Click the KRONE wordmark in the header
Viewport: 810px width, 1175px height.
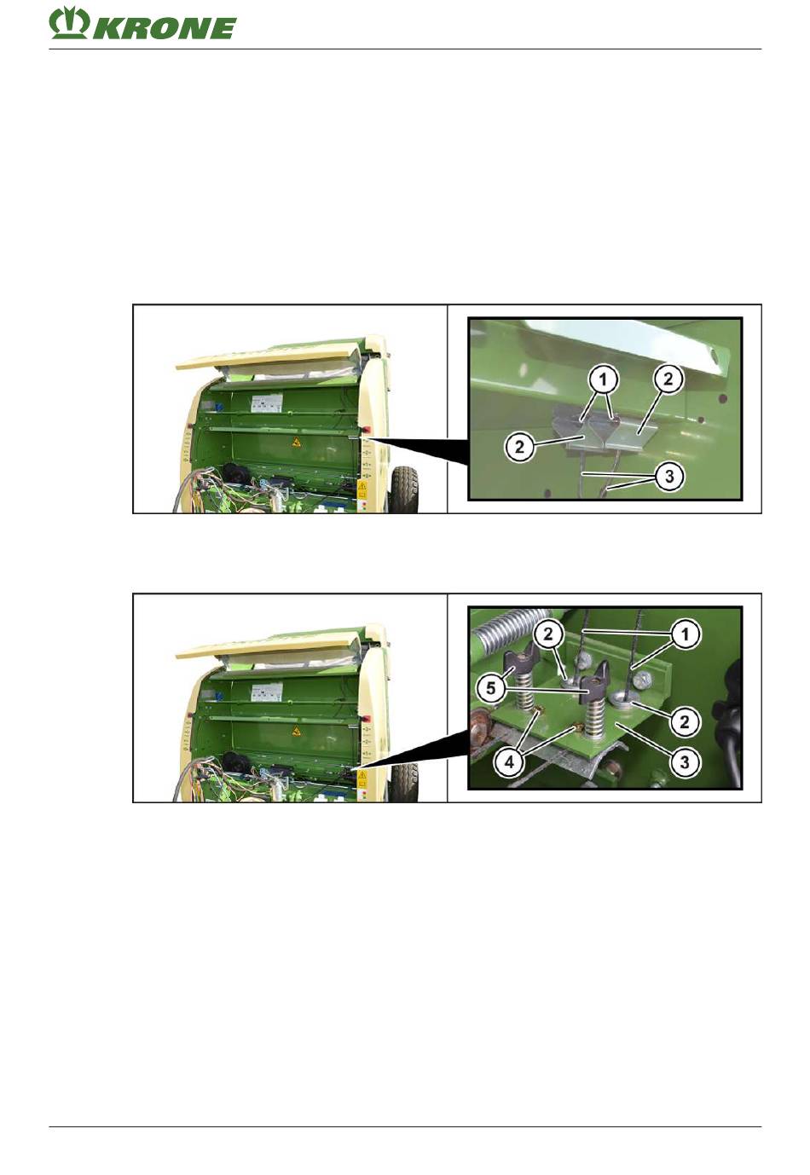click(x=165, y=28)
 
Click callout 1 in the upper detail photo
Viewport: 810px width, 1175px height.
click(x=603, y=379)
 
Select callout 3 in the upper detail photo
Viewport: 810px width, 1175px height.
click(x=668, y=477)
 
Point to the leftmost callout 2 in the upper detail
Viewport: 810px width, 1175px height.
click(x=519, y=448)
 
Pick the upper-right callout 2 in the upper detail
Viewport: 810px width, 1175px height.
click(x=668, y=379)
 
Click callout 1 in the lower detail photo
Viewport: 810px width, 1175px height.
click(x=685, y=634)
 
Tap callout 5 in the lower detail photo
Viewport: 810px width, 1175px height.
click(x=490, y=688)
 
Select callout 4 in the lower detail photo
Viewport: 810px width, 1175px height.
click(x=509, y=762)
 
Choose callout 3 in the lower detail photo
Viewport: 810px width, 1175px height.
click(x=685, y=762)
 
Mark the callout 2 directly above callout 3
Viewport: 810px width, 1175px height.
click(x=685, y=722)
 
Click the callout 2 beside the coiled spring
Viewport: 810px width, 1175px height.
click(x=547, y=634)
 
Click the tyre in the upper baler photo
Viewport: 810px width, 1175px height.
click(x=404, y=489)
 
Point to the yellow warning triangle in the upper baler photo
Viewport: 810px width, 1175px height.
click(x=297, y=443)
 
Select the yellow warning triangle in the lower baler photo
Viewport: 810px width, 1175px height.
click(x=297, y=730)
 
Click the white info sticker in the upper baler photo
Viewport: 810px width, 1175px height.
click(x=267, y=402)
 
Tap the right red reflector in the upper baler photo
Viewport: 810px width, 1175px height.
click(x=363, y=431)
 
